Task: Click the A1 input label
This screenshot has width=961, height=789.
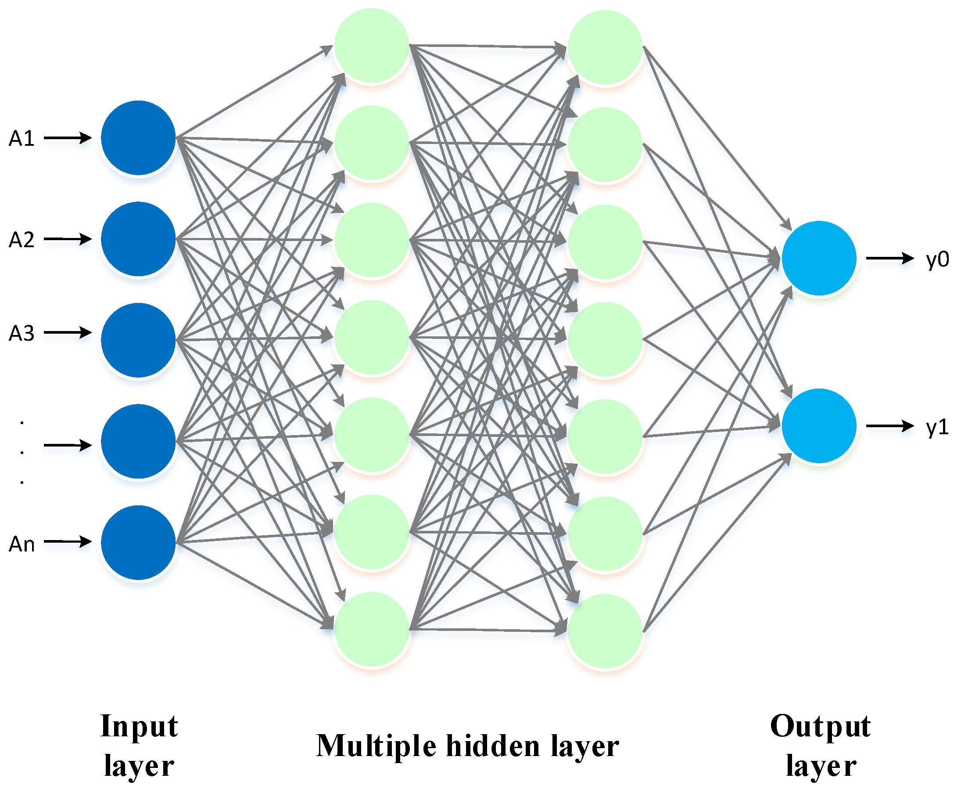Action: coord(22,138)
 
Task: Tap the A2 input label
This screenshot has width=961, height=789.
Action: coord(22,240)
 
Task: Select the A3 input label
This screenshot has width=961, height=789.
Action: coord(22,333)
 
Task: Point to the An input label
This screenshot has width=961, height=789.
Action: coord(22,544)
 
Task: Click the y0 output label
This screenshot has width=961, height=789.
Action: coord(937,259)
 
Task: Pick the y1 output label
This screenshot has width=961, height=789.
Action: coord(937,427)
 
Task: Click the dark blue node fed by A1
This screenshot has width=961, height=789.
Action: coord(138,138)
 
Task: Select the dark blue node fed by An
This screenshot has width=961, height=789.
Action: coord(138,543)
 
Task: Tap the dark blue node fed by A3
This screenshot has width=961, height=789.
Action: coord(138,340)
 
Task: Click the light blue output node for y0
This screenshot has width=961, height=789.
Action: coord(818,258)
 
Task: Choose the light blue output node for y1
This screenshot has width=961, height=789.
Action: coord(818,426)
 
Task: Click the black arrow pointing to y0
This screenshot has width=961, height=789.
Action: coord(889,258)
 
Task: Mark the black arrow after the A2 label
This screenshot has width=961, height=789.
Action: coord(67,239)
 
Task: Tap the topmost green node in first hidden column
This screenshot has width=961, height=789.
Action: coord(372,46)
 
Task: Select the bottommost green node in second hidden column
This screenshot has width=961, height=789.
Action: coord(605,631)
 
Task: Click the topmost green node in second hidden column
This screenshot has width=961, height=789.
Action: coord(605,47)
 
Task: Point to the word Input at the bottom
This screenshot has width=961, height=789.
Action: coord(139,726)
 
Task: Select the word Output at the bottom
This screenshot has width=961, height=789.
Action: coord(820,726)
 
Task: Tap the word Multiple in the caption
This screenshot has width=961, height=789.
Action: coord(376,747)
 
